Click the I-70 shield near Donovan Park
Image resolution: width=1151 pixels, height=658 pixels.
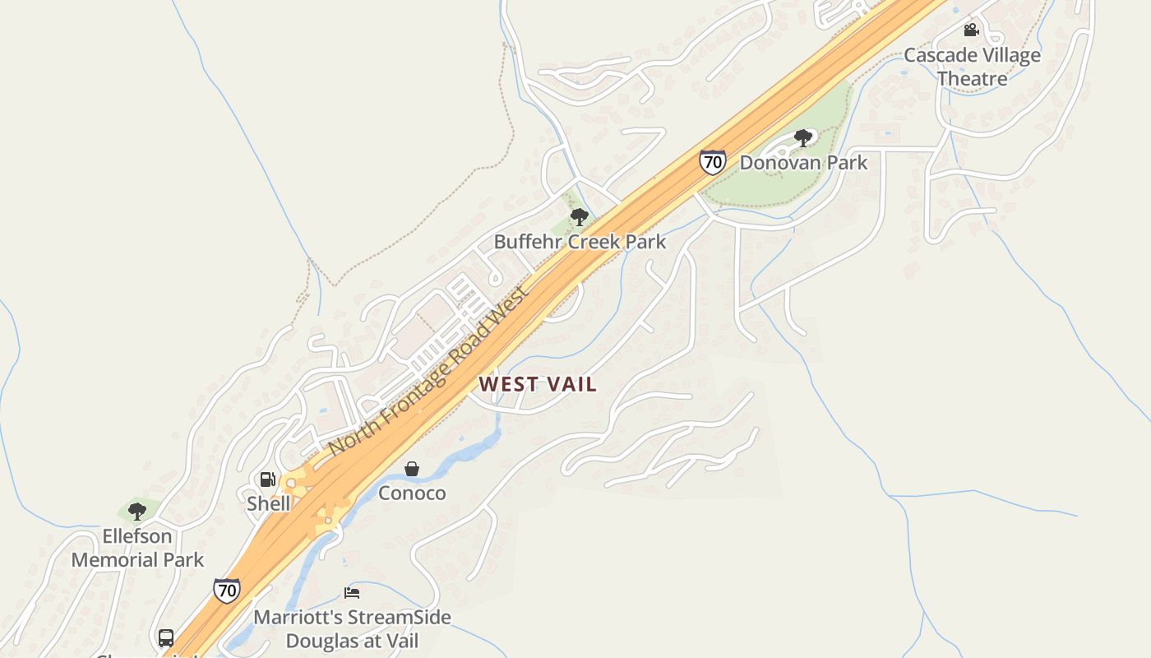[712, 162]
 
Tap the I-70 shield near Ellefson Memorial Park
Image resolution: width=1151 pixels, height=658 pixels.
[227, 590]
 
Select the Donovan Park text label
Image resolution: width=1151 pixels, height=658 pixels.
[803, 162]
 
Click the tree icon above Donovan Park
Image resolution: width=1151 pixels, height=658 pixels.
[803, 138]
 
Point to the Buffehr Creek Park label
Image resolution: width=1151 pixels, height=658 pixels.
[580, 242]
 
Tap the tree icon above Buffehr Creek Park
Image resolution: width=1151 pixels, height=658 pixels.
[580, 217]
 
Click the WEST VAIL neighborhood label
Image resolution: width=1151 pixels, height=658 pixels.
[538, 384]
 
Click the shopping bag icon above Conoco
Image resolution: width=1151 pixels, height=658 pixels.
[412, 469]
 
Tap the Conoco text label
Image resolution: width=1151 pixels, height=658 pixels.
[412, 493]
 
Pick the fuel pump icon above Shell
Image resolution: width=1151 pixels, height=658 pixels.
[267, 480]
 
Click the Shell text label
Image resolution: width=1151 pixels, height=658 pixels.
[268, 503]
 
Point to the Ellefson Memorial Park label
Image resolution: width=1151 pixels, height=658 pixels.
[137, 548]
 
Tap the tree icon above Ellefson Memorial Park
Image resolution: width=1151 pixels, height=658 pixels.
[137, 512]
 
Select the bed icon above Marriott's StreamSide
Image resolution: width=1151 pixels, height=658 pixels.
[352, 593]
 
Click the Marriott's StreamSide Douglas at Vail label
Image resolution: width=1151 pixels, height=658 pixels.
[352, 629]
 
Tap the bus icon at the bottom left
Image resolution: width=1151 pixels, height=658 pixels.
[166, 638]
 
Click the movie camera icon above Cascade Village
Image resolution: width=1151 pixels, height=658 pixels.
[971, 30]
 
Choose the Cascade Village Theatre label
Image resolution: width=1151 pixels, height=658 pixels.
[972, 67]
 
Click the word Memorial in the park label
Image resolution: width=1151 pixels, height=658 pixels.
[113, 560]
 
